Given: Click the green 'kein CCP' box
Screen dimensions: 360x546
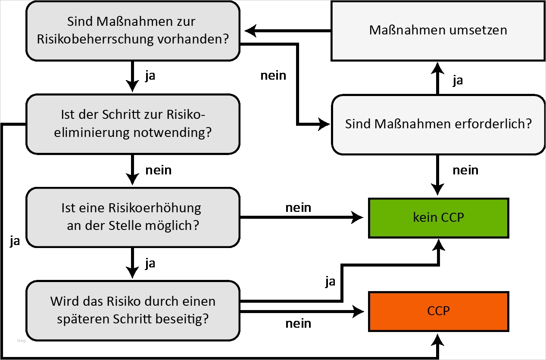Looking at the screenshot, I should [x=438, y=217].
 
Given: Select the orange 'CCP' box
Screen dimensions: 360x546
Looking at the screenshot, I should [x=438, y=311].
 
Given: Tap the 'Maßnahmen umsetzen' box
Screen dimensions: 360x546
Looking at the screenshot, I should [x=438, y=30].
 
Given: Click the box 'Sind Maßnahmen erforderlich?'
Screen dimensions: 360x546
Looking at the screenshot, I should [x=438, y=124].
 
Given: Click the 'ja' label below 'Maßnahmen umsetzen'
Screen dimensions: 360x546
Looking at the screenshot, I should [x=458, y=81].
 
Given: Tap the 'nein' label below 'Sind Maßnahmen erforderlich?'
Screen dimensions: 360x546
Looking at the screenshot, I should [x=465, y=170].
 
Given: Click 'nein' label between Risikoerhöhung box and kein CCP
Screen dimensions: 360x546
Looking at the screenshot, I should [x=298, y=208].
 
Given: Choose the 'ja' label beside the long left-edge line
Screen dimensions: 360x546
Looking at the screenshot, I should [x=15, y=241].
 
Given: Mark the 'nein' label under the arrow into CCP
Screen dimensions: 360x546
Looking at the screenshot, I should [x=298, y=324].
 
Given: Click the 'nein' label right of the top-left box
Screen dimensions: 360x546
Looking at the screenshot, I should [x=273, y=75].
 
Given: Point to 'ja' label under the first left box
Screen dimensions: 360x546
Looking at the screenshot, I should [x=150, y=76].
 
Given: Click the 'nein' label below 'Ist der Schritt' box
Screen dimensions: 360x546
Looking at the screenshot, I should [x=158, y=170].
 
